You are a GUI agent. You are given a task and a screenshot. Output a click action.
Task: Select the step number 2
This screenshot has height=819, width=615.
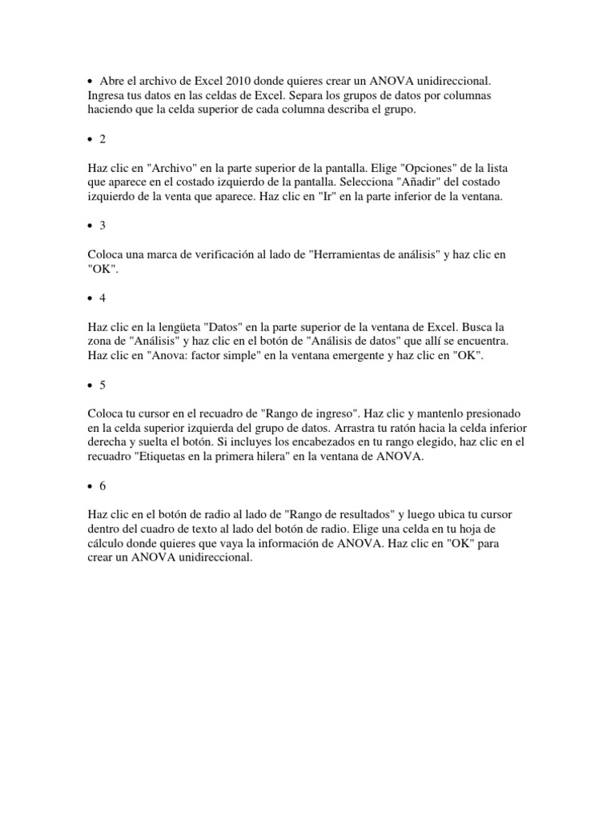click(x=102, y=139)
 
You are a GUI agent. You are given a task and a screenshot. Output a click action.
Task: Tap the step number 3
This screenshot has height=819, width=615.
click(x=102, y=226)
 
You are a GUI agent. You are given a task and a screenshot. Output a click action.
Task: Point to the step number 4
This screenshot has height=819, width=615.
click(x=102, y=298)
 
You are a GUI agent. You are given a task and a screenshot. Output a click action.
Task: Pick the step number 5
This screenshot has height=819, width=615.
click(x=102, y=385)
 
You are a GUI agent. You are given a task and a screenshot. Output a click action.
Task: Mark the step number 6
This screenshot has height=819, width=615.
click(x=102, y=485)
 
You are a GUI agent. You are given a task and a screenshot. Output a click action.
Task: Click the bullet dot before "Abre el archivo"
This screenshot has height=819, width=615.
click(x=90, y=82)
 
